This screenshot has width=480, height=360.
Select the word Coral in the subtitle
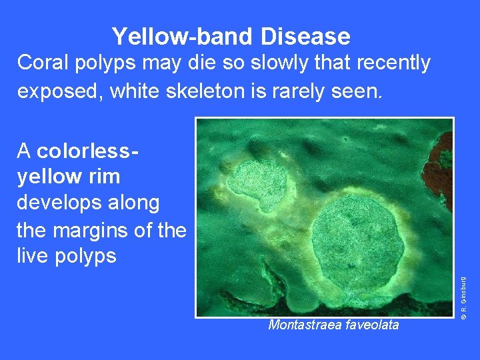43,63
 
